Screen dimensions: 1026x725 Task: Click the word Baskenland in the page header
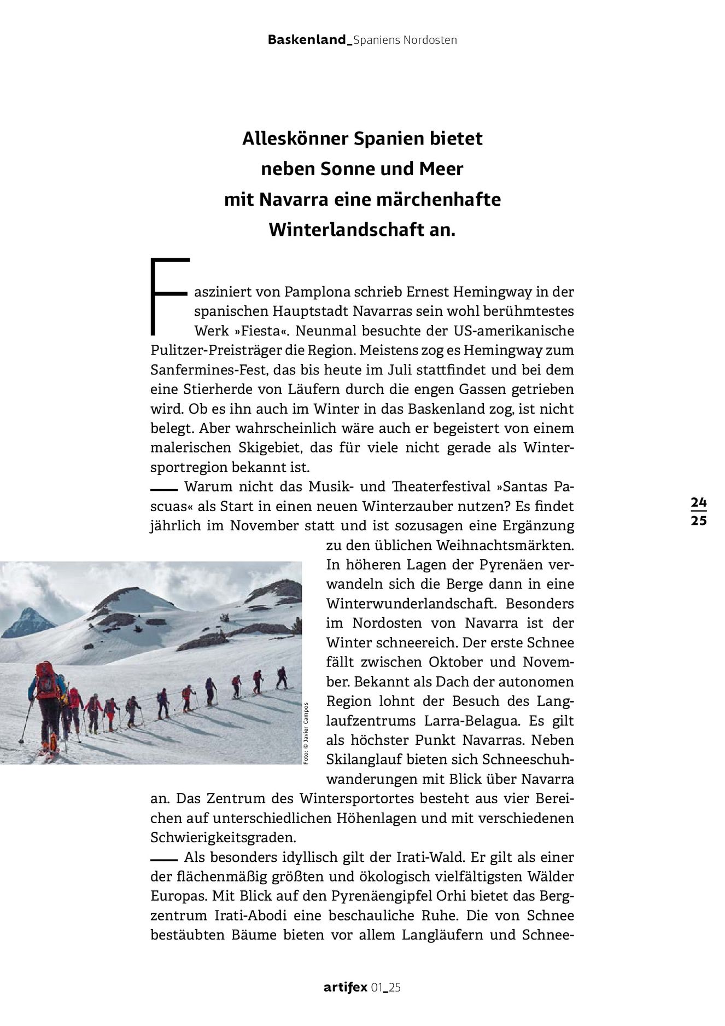coord(307,40)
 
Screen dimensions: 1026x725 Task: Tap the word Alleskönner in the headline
coord(295,138)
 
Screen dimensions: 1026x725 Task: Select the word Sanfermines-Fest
coord(209,370)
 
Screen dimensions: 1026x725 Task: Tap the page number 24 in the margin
coord(698,502)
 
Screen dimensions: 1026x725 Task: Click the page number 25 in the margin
coord(698,520)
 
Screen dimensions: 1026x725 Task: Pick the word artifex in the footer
coord(344,988)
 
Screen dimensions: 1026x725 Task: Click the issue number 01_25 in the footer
coord(386,988)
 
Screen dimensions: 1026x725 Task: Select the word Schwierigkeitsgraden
coord(223,838)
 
